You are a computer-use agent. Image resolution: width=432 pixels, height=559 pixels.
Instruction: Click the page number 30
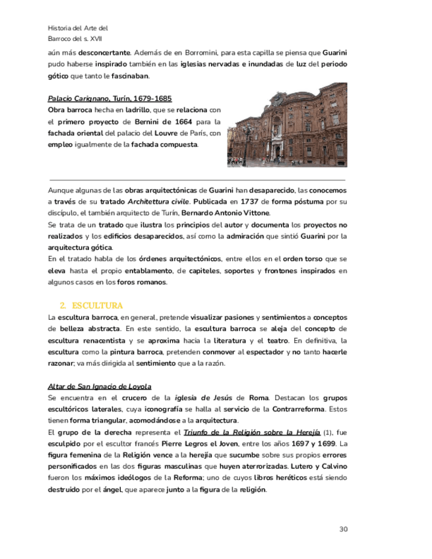point(343,529)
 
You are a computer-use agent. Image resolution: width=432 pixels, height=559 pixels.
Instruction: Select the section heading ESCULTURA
point(97,306)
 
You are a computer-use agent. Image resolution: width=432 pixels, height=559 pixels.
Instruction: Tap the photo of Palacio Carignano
point(287,125)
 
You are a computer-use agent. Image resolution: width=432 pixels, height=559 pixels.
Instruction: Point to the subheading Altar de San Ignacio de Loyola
point(100,386)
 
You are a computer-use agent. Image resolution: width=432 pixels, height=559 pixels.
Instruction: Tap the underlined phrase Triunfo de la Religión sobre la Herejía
point(251,432)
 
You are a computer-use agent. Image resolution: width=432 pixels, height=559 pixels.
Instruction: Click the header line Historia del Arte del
point(78,28)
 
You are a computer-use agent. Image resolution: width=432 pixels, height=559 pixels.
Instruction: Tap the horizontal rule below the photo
point(197,179)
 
